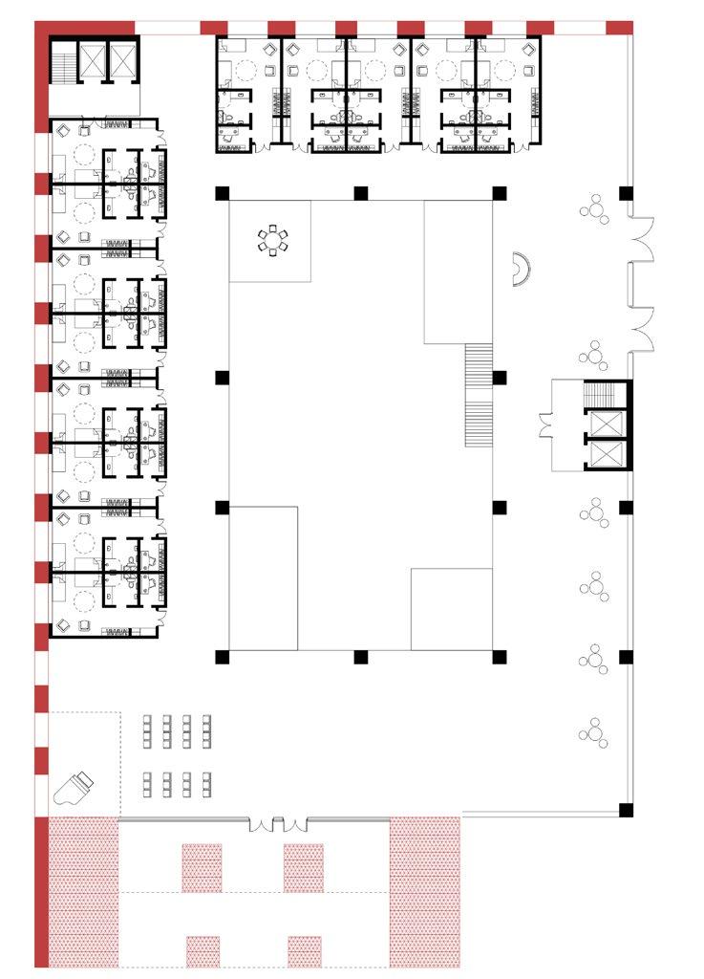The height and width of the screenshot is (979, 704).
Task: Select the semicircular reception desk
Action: click(517, 270)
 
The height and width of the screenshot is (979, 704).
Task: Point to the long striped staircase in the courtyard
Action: click(478, 395)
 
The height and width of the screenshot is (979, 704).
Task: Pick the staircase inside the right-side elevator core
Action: click(601, 395)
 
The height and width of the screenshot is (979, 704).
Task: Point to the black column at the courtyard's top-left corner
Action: click(222, 193)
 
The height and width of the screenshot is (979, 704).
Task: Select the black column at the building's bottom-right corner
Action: click(626, 810)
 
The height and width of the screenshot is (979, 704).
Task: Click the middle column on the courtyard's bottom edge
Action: click(361, 657)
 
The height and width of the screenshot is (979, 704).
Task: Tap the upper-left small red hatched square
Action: click(202, 867)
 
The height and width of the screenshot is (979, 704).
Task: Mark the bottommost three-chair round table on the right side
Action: click(594, 732)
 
